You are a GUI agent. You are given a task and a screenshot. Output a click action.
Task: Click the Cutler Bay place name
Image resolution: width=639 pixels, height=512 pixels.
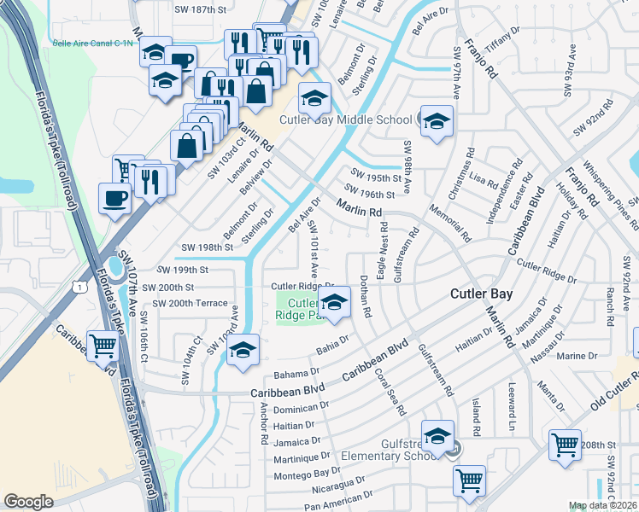click(x=481, y=294)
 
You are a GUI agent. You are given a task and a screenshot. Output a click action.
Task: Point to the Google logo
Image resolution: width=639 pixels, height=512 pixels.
click(x=28, y=501)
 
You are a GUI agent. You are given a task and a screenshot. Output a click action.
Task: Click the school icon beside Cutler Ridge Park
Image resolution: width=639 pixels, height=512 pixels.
click(x=334, y=303)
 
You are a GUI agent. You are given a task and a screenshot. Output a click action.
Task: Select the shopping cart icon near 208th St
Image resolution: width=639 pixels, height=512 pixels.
click(x=566, y=445)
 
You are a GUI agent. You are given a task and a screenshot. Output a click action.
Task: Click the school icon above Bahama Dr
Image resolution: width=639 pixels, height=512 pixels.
click(x=243, y=350)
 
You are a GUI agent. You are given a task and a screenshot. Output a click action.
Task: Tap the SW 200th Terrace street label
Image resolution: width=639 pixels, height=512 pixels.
click(x=191, y=303)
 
